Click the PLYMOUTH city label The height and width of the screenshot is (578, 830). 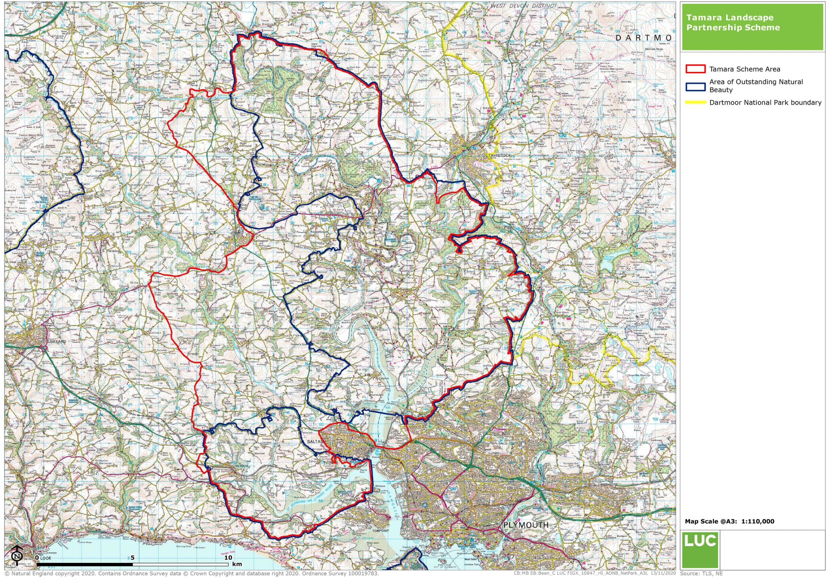tap(526, 525)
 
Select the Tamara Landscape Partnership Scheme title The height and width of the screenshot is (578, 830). tap(733, 22)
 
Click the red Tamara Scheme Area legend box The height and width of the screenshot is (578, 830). tap(695, 69)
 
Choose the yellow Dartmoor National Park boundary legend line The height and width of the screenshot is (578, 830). tap(695, 103)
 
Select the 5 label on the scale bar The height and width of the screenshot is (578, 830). tap(132, 557)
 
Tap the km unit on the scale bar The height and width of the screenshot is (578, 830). tap(237, 564)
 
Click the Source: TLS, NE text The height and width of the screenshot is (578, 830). tap(701, 574)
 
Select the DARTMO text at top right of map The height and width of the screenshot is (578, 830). tap(644, 38)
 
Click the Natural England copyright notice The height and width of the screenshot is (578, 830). tap(192, 574)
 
